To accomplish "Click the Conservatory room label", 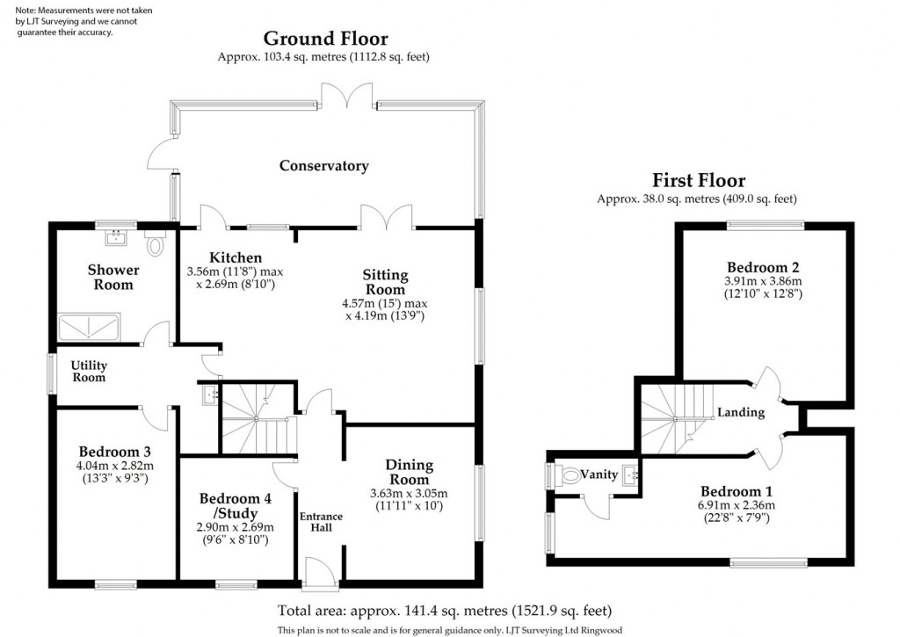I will click(323, 166).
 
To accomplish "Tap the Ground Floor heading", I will click(325, 39).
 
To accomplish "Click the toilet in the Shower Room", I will click(156, 245).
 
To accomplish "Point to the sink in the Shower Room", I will click(115, 236).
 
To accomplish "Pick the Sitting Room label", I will click(385, 283).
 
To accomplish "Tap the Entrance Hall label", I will click(321, 522).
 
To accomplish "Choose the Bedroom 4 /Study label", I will click(235, 505).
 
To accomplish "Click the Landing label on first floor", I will click(741, 412).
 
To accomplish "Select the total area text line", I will click(444, 611).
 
